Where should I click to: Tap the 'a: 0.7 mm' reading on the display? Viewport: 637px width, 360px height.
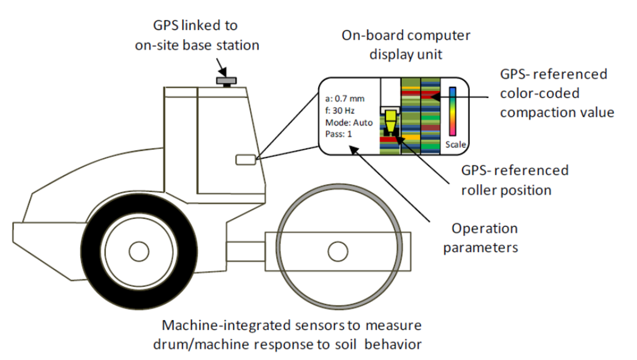point(345,99)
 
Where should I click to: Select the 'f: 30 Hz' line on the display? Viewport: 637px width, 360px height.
point(340,111)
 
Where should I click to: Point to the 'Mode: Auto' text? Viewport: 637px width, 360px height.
point(349,122)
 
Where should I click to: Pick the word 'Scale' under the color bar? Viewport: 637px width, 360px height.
point(455,144)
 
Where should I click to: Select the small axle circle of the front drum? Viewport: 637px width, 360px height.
point(337,252)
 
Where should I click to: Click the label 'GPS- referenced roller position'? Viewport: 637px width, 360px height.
point(514,180)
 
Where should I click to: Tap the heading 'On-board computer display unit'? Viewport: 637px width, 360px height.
point(406,45)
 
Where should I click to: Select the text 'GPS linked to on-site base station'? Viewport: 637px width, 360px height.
point(196,36)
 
